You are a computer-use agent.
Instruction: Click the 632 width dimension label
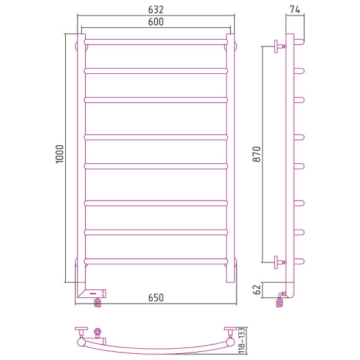(156, 9)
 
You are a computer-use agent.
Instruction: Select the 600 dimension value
(156, 22)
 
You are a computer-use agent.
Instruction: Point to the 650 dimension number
(156, 298)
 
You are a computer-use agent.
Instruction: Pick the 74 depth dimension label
(295, 9)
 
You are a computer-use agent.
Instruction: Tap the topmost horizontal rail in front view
(156, 41)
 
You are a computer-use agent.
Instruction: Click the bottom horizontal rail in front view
(156, 260)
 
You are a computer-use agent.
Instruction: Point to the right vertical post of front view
(231, 155)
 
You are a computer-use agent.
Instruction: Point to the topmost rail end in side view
(300, 41)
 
